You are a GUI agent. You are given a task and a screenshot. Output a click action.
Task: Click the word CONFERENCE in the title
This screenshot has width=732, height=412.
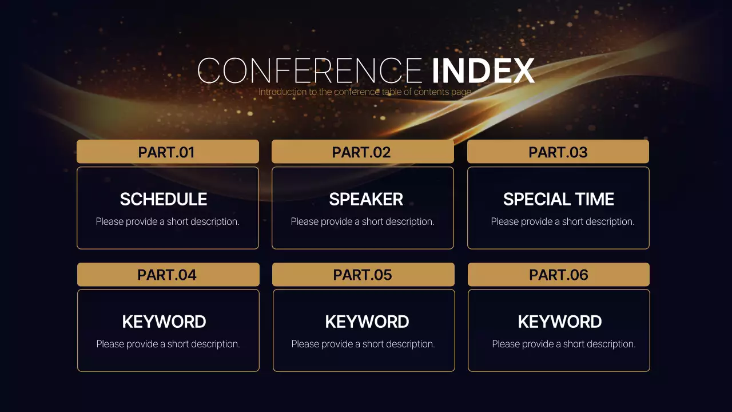click(x=309, y=71)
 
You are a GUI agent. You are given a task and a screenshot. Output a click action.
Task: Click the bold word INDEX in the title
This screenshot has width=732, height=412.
click(x=483, y=71)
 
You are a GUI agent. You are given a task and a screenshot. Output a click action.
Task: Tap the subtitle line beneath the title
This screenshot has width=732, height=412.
click(x=365, y=92)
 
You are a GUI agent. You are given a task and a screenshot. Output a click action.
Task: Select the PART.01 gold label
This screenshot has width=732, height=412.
click(x=167, y=152)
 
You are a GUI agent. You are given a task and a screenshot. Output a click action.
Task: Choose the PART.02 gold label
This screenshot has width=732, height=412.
click(x=362, y=152)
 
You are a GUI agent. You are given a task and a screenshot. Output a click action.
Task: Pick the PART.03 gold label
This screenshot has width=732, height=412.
click(x=558, y=152)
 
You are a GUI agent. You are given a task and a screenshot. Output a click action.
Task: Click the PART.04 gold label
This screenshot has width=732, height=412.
click(x=168, y=275)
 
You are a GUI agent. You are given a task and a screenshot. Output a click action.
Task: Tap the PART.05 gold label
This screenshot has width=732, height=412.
click(x=363, y=275)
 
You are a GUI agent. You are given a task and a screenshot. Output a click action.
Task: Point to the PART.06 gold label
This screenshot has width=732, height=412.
click(x=559, y=275)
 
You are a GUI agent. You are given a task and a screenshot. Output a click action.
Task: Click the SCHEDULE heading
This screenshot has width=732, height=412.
click(x=164, y=199)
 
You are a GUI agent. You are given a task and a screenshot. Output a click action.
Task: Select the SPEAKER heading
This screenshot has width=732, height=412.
click(x=366, y=199)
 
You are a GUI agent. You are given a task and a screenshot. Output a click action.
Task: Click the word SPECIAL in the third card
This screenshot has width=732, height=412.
click(x=529, y=199)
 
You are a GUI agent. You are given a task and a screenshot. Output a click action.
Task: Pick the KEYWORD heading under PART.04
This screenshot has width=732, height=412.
click(x=164, y=322)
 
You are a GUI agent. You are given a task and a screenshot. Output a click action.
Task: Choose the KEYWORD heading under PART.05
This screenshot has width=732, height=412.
click(x=367, y=322)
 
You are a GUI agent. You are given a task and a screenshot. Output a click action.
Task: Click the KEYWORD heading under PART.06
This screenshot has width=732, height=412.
click(x=560, y=322)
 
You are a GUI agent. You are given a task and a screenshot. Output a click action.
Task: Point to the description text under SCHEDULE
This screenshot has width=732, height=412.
click(x=168, y=221)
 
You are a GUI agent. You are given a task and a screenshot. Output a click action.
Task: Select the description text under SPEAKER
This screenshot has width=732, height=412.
click(x=363, y=221)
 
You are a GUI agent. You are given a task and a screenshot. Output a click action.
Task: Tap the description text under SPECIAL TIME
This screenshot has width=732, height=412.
click(x=563, y=221)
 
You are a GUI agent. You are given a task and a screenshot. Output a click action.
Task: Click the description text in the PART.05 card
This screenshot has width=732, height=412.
click(x=363, y=344)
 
